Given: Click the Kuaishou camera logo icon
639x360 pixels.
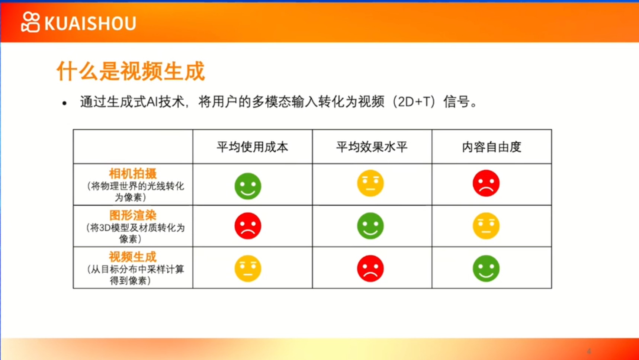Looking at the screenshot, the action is point(30,22).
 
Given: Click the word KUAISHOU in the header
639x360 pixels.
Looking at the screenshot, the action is point(90,23).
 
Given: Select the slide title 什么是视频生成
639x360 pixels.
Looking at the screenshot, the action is point(131,71).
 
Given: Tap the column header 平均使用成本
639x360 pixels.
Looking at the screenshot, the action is point(253,147).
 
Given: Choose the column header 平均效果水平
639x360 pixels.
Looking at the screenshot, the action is point(372,147).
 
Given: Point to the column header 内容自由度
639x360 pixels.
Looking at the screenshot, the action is point(492,147).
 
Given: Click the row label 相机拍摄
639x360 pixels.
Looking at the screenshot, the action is point(133,173).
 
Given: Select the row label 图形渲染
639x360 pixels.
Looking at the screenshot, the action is point(133,215).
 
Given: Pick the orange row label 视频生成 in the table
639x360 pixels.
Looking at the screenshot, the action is point(133,257).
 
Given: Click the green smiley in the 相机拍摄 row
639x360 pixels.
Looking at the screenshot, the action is point(248,186).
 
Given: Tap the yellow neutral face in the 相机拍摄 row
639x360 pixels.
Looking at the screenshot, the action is point(370,183).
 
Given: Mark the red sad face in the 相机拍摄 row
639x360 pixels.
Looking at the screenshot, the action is point(486,183).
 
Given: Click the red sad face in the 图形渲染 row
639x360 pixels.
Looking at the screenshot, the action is point(248,226).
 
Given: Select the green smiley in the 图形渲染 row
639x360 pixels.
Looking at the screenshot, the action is point(370,226).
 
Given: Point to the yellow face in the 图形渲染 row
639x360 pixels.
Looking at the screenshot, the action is point(486,226).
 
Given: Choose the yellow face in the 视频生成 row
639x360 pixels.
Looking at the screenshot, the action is point(248,268).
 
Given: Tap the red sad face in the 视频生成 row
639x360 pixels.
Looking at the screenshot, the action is point(370,268).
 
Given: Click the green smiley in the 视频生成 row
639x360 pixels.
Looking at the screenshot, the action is point(486,268).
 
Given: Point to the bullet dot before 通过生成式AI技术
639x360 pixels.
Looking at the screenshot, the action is point(65,103).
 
